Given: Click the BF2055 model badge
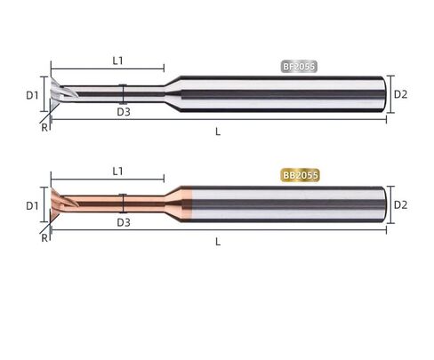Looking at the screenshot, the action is coord(299,67).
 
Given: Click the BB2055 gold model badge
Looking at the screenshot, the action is coord(301,175).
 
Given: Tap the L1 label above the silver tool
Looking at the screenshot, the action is coord(117,60).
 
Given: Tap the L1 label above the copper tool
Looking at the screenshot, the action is coord(117,171).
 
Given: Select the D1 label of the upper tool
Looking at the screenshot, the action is coord(32,95).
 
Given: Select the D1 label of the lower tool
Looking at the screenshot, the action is coord(32,205).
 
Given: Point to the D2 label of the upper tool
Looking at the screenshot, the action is coord(400,94).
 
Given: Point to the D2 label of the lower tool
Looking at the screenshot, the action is coord(400,204).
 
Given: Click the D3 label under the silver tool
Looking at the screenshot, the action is coord(124,112).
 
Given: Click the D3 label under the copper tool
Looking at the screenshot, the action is coord(124,222).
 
